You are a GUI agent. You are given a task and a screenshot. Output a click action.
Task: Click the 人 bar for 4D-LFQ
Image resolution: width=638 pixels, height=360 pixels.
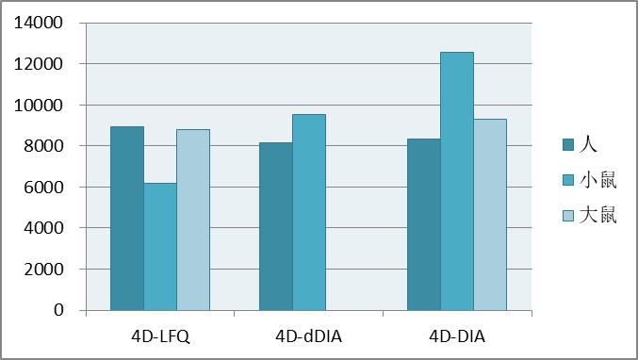tap(127, 219)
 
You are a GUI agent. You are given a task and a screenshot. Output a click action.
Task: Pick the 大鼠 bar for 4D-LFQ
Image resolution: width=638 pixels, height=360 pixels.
tap(193, 221)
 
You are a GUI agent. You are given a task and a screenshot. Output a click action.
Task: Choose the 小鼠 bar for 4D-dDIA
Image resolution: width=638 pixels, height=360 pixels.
tap(308, 213)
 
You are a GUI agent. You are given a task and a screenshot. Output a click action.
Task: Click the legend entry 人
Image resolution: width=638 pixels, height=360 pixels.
tap(588, 144)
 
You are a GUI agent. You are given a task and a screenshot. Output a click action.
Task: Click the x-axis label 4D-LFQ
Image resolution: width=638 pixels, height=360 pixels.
tap(160, 335)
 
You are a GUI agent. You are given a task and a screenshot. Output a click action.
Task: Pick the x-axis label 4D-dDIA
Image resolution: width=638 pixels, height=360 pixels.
tap(308, 335)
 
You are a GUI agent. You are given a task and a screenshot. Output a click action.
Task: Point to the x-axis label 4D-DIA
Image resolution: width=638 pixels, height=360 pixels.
tap(457, 335)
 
